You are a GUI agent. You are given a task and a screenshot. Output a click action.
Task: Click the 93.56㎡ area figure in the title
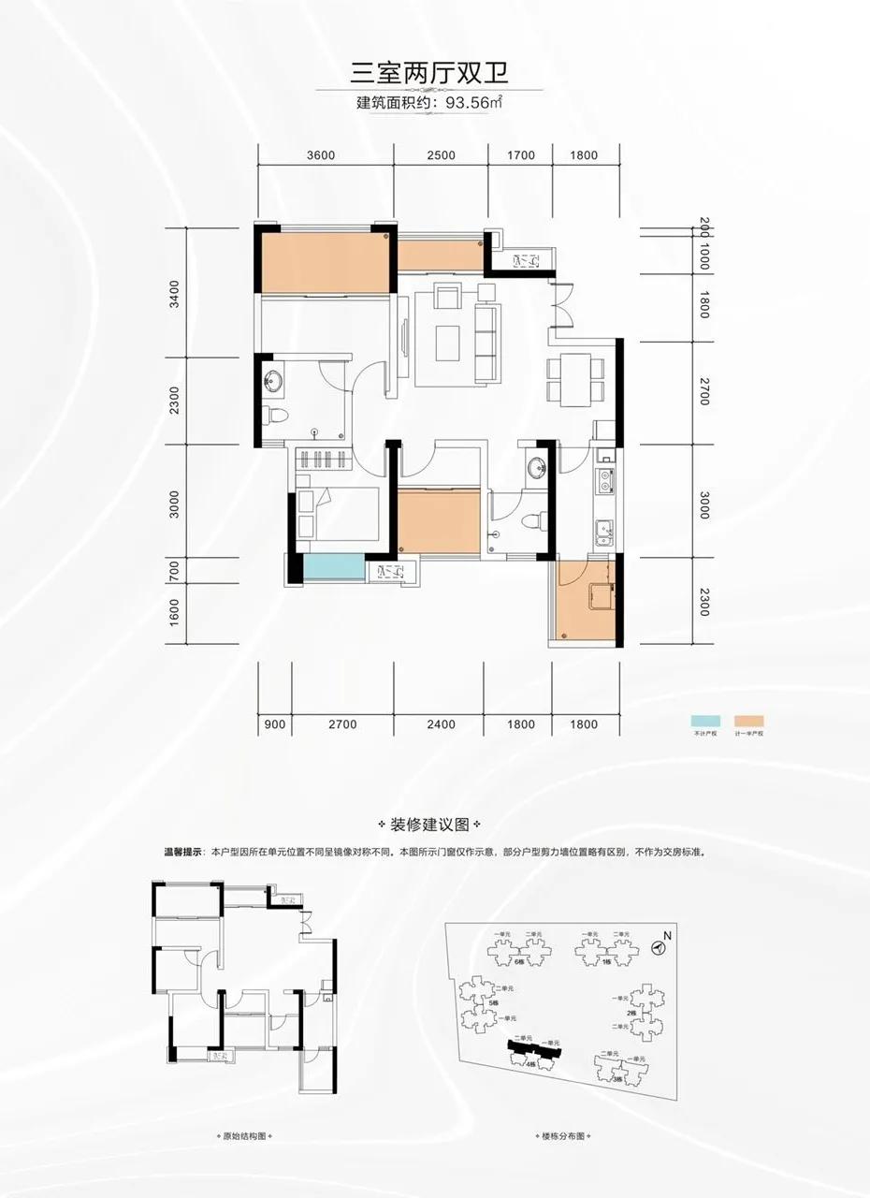coord(474,102)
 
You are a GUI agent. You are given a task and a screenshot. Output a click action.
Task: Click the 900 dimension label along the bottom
coord(274,724)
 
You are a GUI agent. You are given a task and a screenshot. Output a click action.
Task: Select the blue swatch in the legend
coord(702,721)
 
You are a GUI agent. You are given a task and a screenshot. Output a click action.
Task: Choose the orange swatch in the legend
coord(749,721)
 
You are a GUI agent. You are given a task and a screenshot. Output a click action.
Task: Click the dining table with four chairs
coord(570,380)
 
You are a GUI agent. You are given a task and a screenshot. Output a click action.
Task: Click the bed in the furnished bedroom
coord(337,515)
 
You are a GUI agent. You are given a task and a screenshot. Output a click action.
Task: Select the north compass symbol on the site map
coord(660,947)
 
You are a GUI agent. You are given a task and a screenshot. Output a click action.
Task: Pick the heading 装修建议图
coord(435,825)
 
